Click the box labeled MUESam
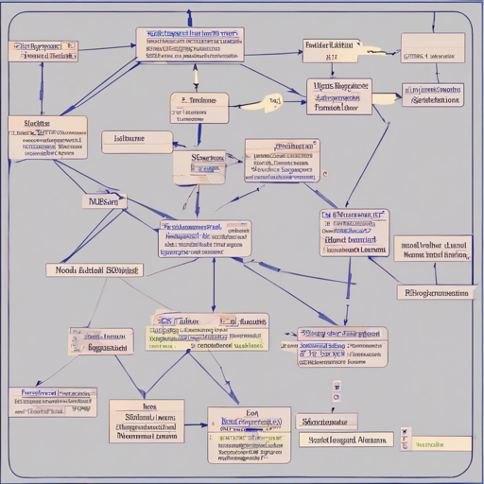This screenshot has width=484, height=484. pos(104,201)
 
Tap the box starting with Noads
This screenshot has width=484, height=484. pos(94,269)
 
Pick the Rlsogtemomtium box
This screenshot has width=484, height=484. pos(434,292)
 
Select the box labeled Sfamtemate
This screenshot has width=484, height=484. pos(326,421)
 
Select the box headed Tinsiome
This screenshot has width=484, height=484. pos(199,108)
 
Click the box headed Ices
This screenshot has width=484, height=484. pos(146,421)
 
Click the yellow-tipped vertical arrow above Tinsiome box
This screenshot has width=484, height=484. pos(196,77)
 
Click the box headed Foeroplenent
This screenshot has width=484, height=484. pos(52,401)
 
